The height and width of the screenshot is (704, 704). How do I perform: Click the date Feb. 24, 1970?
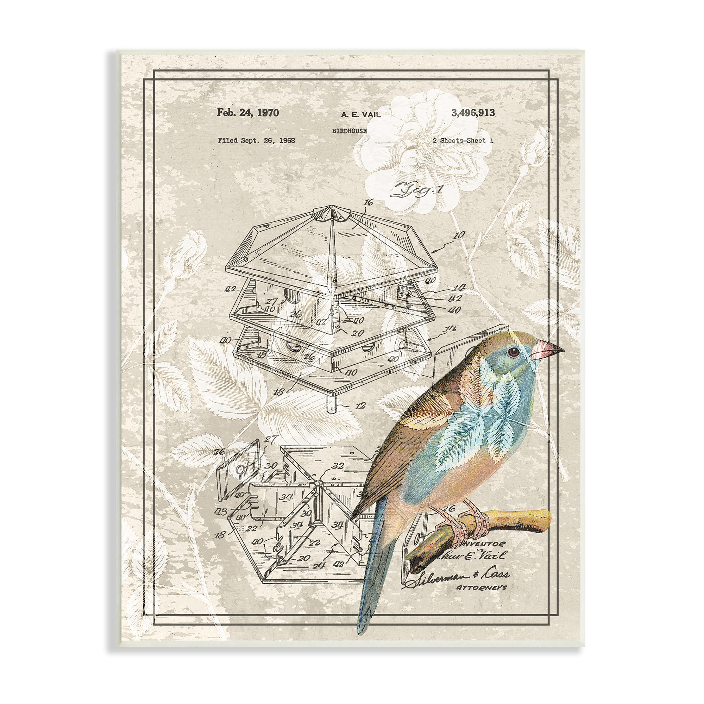(x=248, y=113)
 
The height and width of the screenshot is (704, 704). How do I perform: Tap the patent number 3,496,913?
(x=473, y=113)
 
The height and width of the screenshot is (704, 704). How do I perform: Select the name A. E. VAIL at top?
(x=361, y=115)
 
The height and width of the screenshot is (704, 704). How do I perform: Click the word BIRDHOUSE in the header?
(x=349, y=131)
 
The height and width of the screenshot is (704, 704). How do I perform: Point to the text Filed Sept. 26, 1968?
(x=256, y=140)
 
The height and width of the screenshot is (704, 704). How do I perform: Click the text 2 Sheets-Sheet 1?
(x=463, y=141)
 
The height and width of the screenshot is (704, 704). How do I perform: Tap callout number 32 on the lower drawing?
(x=338, y=466)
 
